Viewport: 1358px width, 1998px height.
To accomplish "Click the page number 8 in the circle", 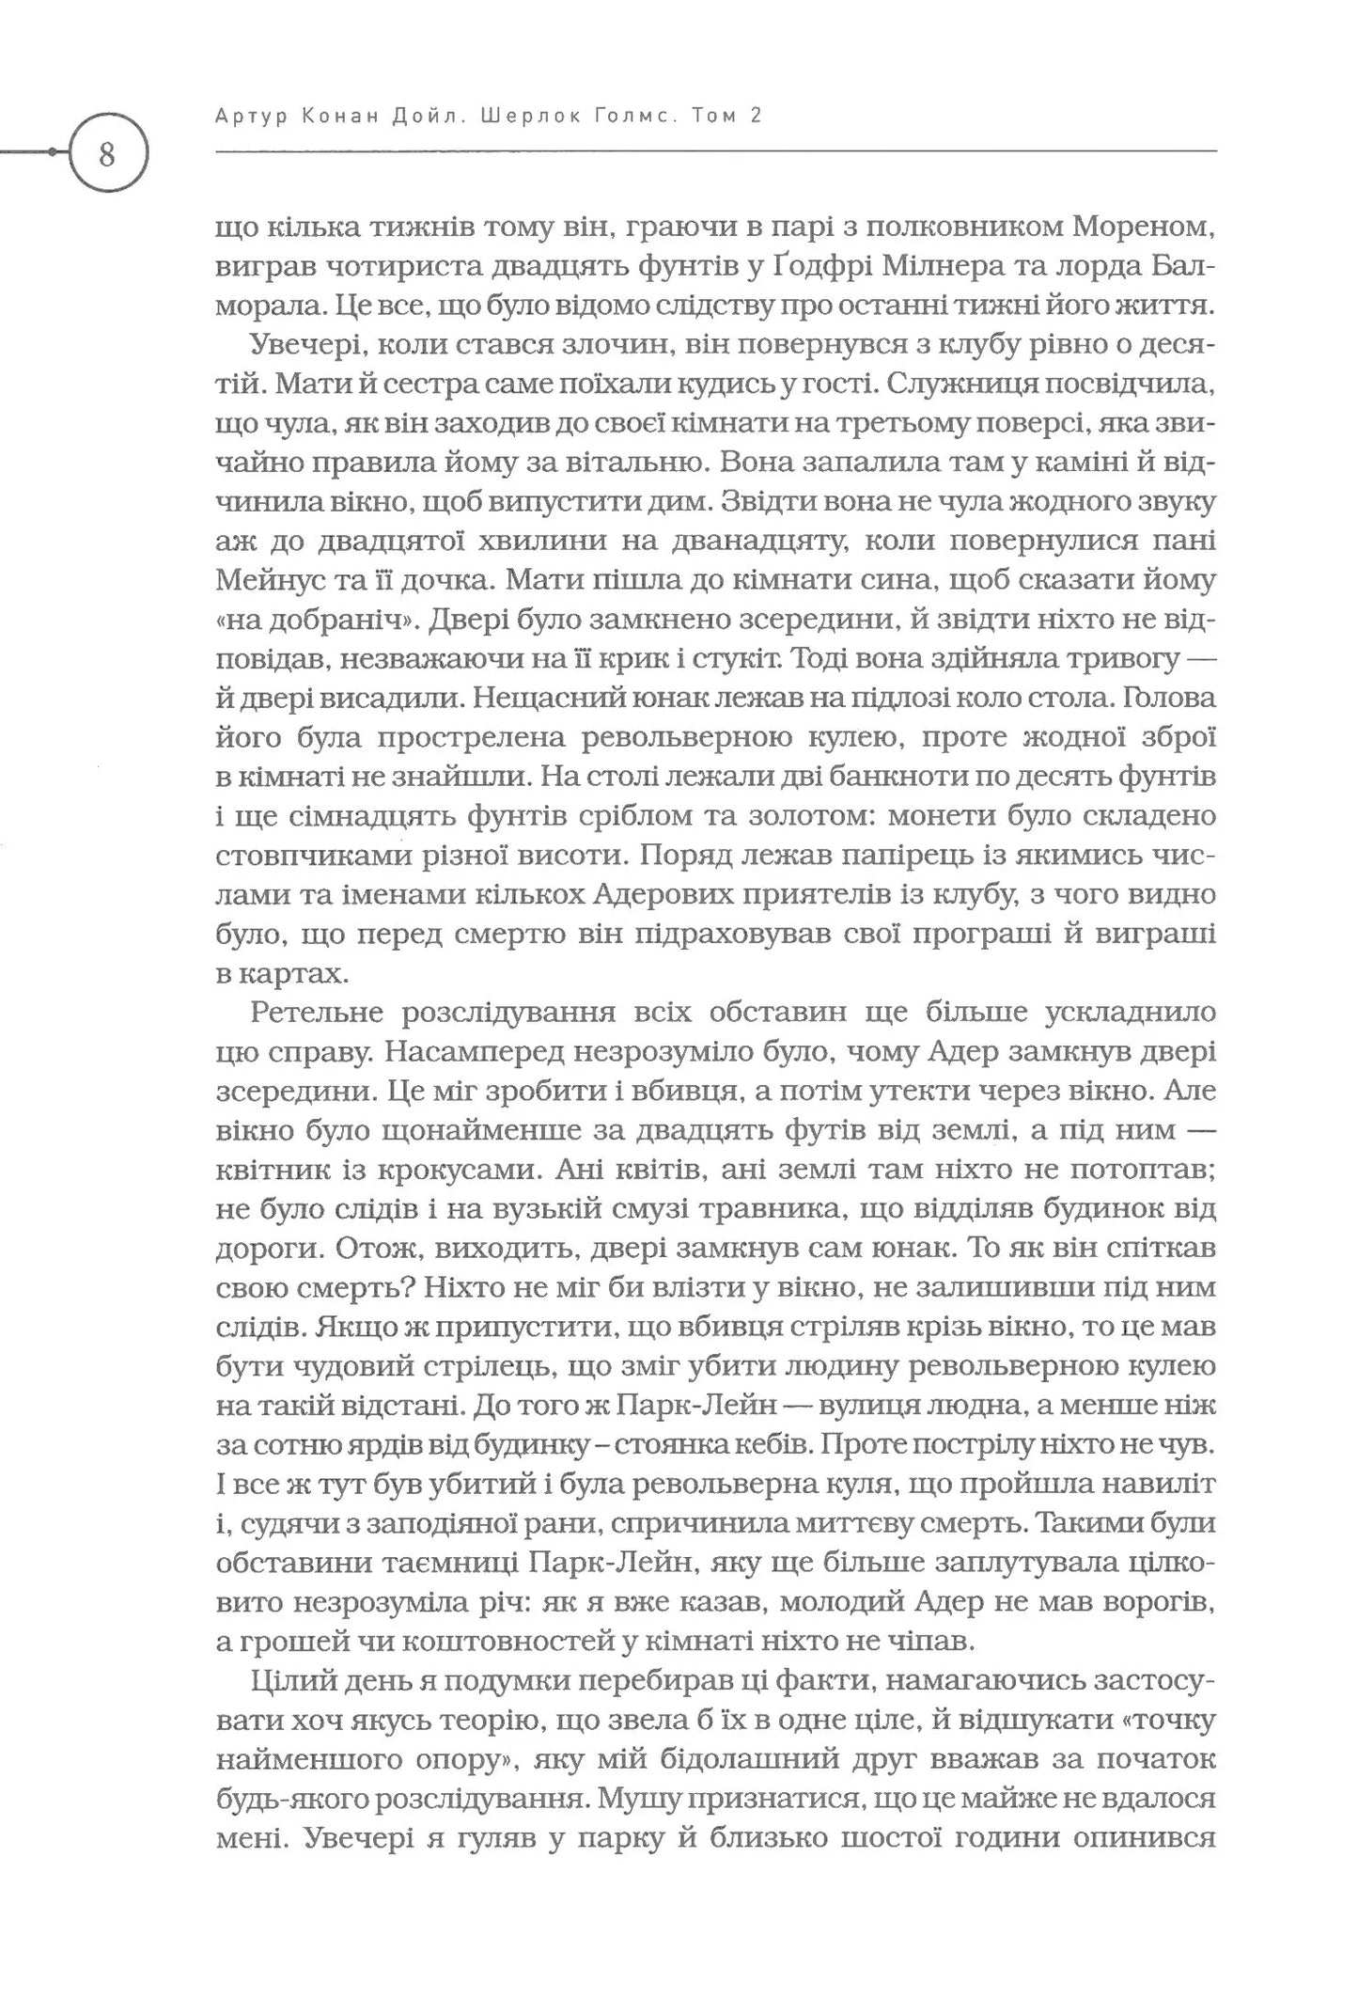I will (x=106, y=153).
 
